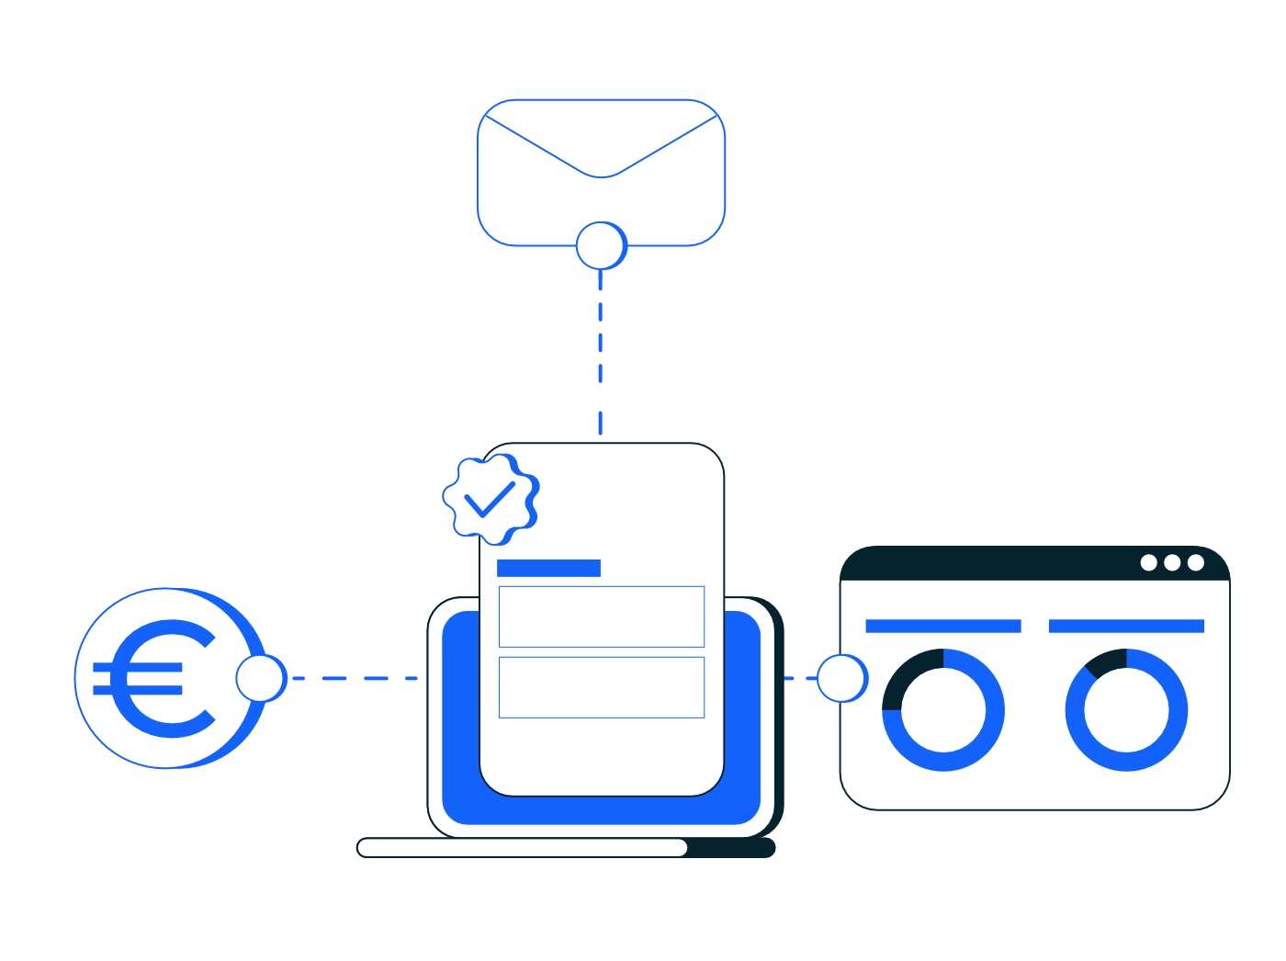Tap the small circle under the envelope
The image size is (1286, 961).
pyautogui.click(x=601, y=245)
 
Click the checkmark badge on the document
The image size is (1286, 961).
pyautogui.click(x=491, y=498)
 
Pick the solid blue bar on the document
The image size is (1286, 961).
pyautogui.click(x=548, y=568)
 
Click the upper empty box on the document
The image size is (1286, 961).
pyautogui.click(x=602, y=616)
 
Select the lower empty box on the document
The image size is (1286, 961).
pyautogui.click(x=602, y=687)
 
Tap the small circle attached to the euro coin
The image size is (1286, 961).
pyautogui.click(x=260, y=679)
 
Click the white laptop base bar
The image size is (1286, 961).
pyautogui.click(x=522, y=847)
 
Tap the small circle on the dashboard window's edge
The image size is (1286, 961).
pyautogui.click(x=841, y=679)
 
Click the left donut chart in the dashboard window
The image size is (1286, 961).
pyautogui.click(x=943, y=710)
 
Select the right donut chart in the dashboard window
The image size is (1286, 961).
pyautogui.click(x=1126, y=710)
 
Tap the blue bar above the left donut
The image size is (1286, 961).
pyautogui.click(x=943, y=627)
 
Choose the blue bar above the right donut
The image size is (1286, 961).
pyautogui.click(x=1126, y=627)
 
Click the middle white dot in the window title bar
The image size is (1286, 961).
pyautogui.click(x=1172, y=562)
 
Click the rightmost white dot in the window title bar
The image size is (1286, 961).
pyautogui.click(x=1195, y=562)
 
